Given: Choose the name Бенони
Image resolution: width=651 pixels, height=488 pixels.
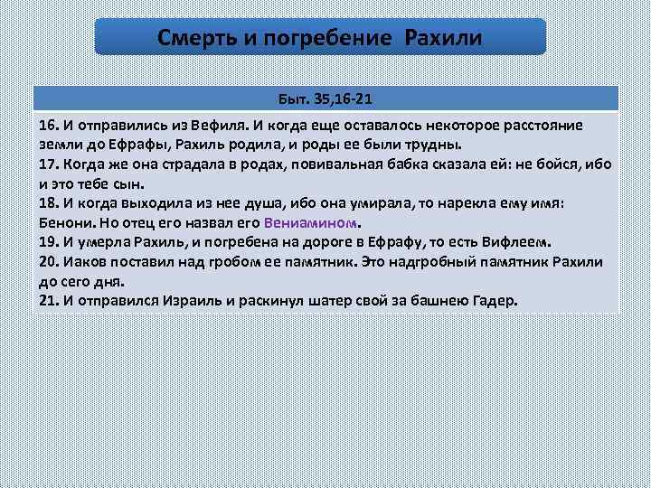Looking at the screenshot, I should (x=65, y=223).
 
